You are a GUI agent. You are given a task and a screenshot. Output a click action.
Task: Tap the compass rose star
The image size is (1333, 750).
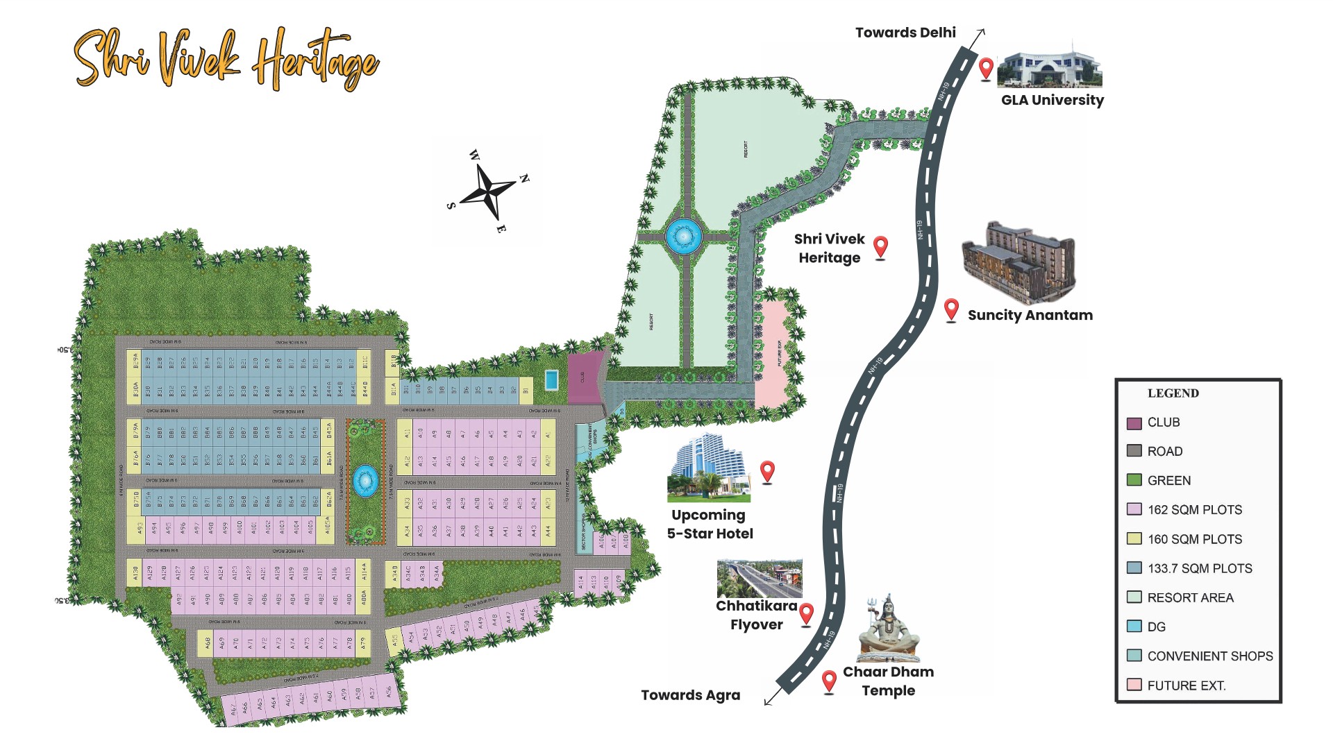pyautogui.click(x=488, y=190)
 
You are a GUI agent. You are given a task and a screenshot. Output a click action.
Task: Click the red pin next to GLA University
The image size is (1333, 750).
pyautogui.click(x=985, y=69)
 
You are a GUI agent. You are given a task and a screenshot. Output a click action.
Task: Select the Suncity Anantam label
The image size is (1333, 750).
pyautogui.click(x=1030, y=315)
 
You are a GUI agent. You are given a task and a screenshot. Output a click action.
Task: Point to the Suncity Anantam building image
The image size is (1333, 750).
pyautogui.click(x=1018, y=263)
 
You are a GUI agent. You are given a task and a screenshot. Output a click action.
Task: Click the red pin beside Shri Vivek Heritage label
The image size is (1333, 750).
pyautogui.click(x=880, y=246)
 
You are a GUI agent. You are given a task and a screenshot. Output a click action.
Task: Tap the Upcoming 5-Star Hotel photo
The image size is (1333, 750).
pyautogui.click(x=708, y=468)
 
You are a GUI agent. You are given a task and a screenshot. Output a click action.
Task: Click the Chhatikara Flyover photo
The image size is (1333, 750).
pyautogui.click(x=760, y=579)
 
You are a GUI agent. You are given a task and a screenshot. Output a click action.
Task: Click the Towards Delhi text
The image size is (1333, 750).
pyautogui.click(x=905, y=33)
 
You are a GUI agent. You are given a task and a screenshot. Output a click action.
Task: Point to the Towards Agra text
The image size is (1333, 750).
pyautogui.click(x=690, y=695)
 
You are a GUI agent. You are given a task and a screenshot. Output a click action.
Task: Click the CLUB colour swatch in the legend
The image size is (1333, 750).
pyautogui.click(x=1134, y=423)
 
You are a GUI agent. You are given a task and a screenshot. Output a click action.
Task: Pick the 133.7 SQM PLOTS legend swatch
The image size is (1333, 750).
pyautogui.click(x=1134, y=568)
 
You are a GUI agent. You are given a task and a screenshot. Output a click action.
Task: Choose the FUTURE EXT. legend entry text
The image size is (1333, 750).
pyautogui.click(x=1186, y=685)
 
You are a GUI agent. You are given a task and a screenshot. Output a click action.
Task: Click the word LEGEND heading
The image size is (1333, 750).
pyautogui.click(x=1173, y=393)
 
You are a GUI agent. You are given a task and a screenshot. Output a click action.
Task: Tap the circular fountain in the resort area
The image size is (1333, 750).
pyautogui.click(x=683, y=237)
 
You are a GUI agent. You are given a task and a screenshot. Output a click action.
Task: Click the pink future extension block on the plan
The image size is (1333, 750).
pyautogui.click(x=772, y=354)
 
